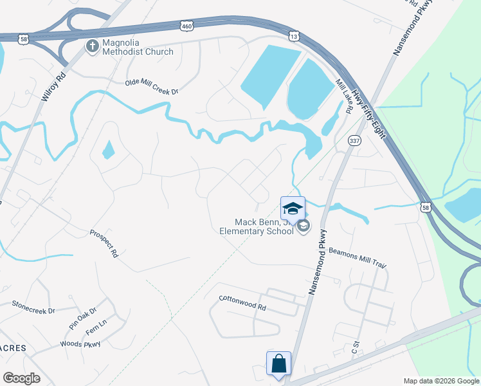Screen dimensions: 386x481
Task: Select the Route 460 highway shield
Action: (x=186, y=26)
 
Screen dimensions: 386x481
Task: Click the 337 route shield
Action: (x=354, y=141)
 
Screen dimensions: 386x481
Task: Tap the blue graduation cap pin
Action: (x=292, y=208)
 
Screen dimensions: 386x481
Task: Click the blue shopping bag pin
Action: (x=279, y=363)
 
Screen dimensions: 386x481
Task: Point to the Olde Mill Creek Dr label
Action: (x=151, y=87)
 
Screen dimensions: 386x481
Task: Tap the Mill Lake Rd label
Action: (x=343, y=96)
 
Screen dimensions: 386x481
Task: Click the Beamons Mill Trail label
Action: (x=358, y=257)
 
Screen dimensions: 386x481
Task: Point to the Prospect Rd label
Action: (x=104, y=244)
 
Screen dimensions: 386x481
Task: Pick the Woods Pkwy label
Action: (x=80, y=344)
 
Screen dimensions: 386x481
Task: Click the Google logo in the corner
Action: (x=22, y=378)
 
